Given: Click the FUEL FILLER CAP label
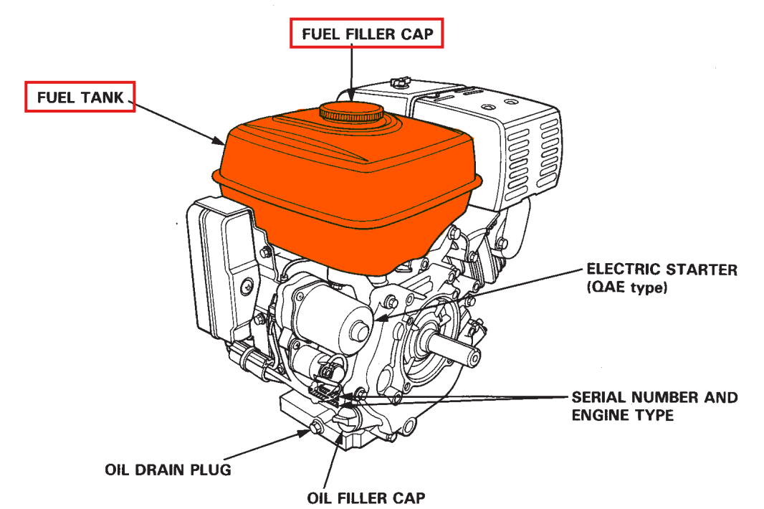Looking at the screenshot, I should (x=367, y=34).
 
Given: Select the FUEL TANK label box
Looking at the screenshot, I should (x=80, y=97).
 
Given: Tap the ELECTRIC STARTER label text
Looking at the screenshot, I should (x=662, y=270).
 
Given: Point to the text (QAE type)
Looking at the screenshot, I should (x=627, y=289).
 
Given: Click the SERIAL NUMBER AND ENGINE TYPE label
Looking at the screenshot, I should (x=654, y=406).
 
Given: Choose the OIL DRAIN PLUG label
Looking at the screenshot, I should (x=168, y=471).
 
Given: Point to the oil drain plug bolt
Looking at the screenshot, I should (x=314, y=429).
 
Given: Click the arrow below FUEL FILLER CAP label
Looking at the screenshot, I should (x=352, y=72).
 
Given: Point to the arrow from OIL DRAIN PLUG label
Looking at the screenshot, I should (x=265, y=444).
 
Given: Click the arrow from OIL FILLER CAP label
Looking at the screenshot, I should (x=332, y=459).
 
